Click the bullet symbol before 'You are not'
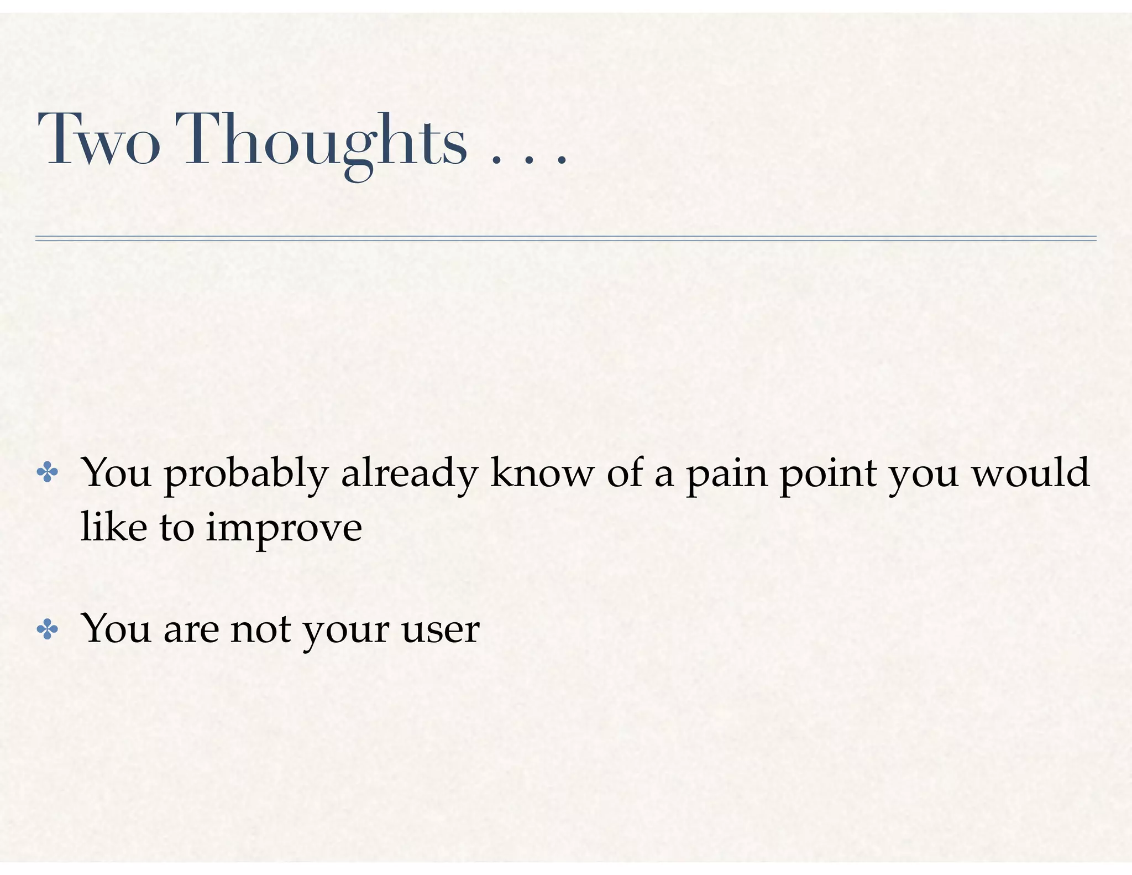(x=48, y=629)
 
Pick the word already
(x=409, y=473)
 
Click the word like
(x=114, y=527)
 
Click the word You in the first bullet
(x=116, y=473)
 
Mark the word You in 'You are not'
(x=116, y=629)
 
